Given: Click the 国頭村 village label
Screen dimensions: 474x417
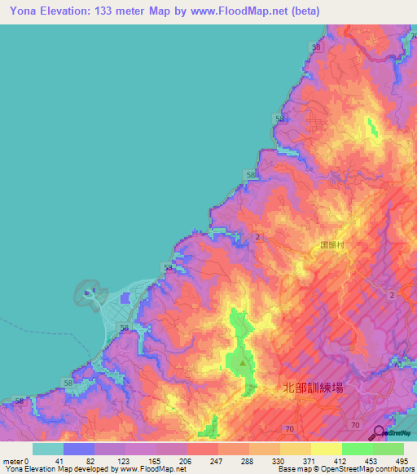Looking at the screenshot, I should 334,243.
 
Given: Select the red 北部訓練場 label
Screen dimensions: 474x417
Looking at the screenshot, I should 311,388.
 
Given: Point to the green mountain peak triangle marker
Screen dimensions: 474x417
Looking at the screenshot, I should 241,374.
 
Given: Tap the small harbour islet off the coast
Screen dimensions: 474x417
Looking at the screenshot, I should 89,292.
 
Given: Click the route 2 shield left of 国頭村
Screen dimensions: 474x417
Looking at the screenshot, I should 257,236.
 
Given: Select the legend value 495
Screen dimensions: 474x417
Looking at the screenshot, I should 402,461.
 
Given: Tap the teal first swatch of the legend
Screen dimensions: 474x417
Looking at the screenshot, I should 47,449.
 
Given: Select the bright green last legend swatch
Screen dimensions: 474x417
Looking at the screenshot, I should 388,449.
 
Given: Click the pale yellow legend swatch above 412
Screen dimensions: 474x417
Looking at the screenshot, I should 326,449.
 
